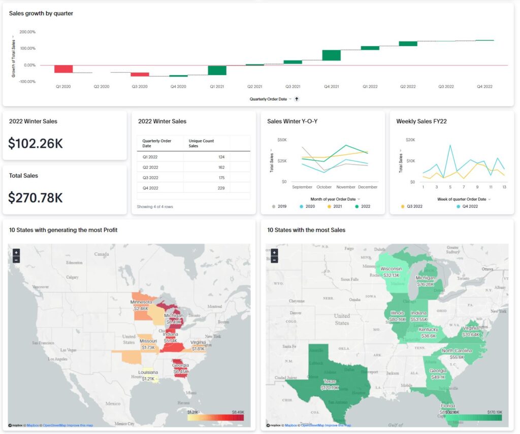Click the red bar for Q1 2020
pyautogui.click(x=63, y=69)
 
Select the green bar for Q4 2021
pyautogui.click(x=332, y=55)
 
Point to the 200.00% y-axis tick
pyautogui.click(x=27, y=31)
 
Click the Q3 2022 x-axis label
pyautogui.click(x=446, y=87)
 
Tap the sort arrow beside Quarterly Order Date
pyautogui.click(x=297, y=99)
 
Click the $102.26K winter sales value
pyautogui.click(x=36, y=144)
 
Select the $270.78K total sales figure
pyautogui.click(x=36, y=197)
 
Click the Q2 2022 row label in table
pyautogui.click(x=150, y=167)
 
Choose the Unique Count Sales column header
pyautogui.click(x=201, y=143)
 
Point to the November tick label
pyautogui.click(x=346, y=187)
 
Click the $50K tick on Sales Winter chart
pyautogui.click(x=282, y=140)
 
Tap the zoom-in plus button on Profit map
pyautogui.click(x=16, y=252)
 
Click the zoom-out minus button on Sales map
pyautogui.click(x=274, y=260)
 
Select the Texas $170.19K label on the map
pyautogui.click(x=330, y=384)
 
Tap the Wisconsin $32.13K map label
pyautogui.click(x=391, y=272)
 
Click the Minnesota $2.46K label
pyautogui.click(x=141, y=305)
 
